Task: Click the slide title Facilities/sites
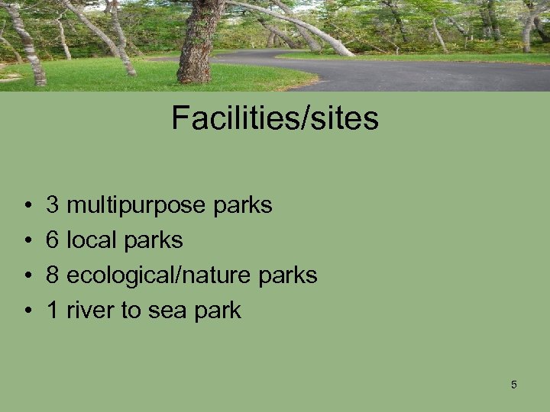point(275,118)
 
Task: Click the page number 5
point(514,385)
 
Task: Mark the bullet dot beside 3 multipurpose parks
point(27,206)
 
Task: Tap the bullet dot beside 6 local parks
point(27,241)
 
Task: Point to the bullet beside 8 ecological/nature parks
point(27,276)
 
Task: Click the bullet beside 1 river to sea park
point(27,311)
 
